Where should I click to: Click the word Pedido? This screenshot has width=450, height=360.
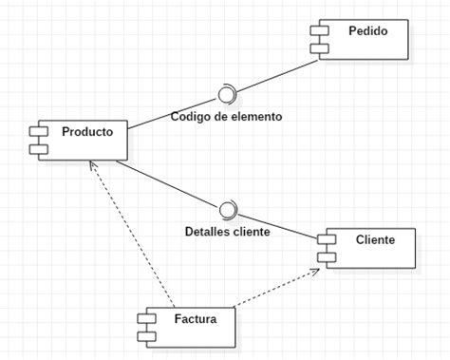coord(366,31)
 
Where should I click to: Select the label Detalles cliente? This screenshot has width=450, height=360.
coord(227,231)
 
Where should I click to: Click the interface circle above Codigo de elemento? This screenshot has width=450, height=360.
coord(226,94)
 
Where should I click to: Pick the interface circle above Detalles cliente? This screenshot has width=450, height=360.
coord(227,209)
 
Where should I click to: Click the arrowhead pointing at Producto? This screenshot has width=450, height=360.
coord(92,166)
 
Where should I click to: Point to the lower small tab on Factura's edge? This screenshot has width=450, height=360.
coord(146,335)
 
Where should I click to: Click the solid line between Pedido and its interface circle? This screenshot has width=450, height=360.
coord(275,76)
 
